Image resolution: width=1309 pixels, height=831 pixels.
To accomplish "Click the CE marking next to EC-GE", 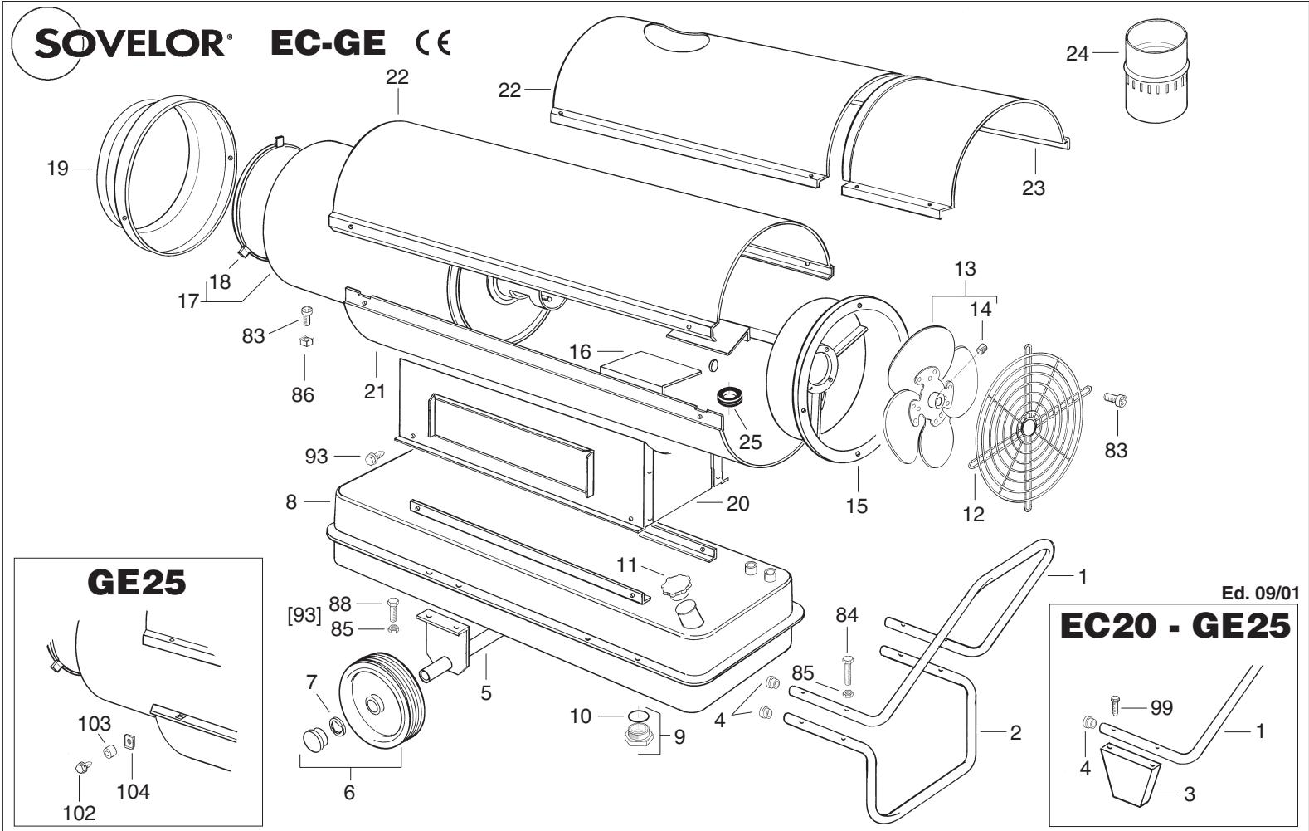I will pos(429,43).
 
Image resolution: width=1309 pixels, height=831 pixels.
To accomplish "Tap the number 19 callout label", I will pos(56,169).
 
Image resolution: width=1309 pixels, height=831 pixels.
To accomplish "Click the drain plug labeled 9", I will pos(640,734).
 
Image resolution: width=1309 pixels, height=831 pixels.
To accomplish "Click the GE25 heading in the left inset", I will pos(138,584).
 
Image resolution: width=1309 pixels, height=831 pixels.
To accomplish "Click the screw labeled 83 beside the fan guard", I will pos(1115,400).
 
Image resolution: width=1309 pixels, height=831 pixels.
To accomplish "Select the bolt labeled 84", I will pos(847,664).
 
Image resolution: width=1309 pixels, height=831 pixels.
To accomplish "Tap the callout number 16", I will pos(581,352).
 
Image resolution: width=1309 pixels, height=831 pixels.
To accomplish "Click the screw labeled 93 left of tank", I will pos(375,455).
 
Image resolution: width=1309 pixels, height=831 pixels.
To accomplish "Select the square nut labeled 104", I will pos(129,741).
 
